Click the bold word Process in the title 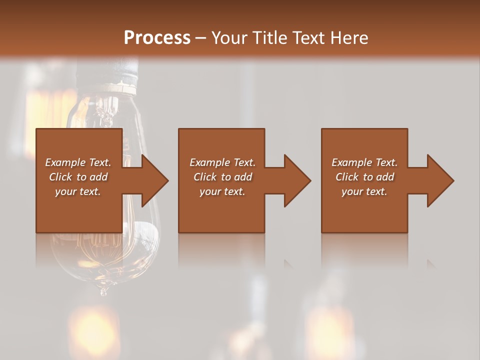(157, 38)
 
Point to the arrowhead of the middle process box (296, 180)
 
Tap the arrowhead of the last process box (439, 180)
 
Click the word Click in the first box (60, 177)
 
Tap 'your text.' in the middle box (222, 191)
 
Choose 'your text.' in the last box (364, 191)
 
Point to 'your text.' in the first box (78, 191)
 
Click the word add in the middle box (243, 177)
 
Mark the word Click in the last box (347, 177)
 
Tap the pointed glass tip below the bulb (103, 290)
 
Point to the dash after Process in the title (201, 38)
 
